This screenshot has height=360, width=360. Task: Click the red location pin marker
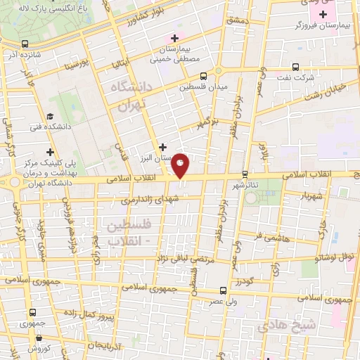tap(181, 165)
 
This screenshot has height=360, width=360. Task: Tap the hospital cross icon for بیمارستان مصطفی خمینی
tap(174, 38)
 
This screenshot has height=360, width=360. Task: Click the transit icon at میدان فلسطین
tap(203, 76)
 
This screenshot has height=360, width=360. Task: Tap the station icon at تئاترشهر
tap(245, 174)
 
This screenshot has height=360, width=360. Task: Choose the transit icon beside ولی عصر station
tap(223, 290)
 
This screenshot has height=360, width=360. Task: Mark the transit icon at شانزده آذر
tap(25, 44)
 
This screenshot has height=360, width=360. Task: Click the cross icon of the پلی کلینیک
tap(50, 151)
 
